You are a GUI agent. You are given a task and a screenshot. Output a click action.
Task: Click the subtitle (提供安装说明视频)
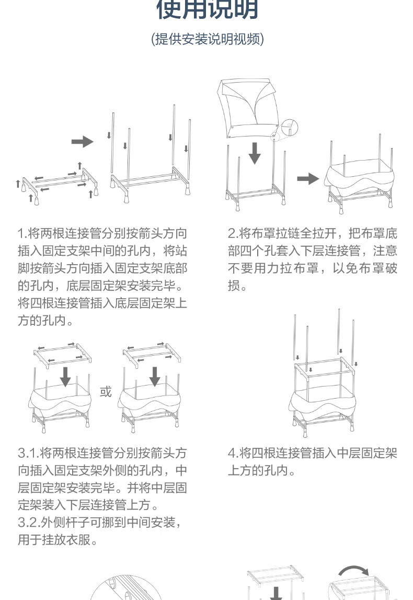pyautogui.click(x=207, y=39)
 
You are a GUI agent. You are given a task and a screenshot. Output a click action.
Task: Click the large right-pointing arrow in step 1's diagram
pyautogui.click(x=82, y=141)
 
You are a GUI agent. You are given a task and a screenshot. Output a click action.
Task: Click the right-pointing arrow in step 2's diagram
pyautogui.click(x=308, y=179)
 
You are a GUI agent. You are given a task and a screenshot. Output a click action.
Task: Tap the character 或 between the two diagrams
pyautogui.click(x=106, y=392)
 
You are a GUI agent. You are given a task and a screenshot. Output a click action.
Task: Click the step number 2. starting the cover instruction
pyautogui.click(x=233, y=233)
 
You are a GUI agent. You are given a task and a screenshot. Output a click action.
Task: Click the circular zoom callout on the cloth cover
pyautogui.click(x=288, y=126)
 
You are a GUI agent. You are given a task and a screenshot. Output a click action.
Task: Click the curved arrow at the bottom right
pyautogui.click(x=352, y=572)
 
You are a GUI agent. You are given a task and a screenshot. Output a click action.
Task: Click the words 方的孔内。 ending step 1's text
pyautogui.click(x=45, y=320)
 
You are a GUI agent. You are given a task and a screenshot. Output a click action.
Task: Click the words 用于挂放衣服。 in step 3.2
pyautogui.click(x=58, y=539)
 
